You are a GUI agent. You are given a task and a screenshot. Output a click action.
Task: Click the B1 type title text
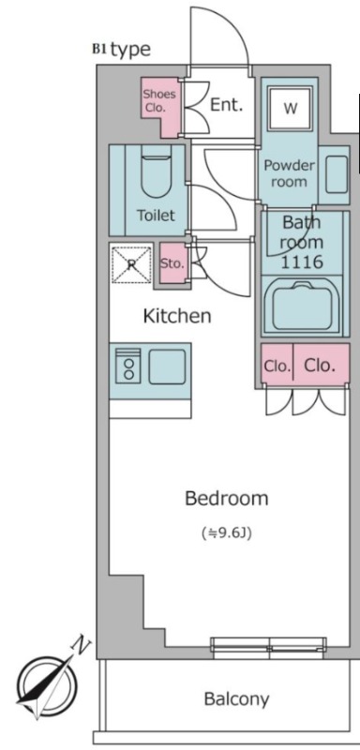click(x=122, y=50)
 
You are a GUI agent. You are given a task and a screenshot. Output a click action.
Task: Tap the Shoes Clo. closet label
click(x=159, y=100)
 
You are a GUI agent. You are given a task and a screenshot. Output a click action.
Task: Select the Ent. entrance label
click(x=227, y=105)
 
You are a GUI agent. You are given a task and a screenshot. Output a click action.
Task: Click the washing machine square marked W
click(x=291, y=109)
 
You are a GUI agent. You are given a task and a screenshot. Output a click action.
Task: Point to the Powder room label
click(x=290, y=173)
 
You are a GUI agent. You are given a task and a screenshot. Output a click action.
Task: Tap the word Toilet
click(x=156, y=216)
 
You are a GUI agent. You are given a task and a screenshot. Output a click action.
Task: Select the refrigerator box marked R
click(x=131, y=264)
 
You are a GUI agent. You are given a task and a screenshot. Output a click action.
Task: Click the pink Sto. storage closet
click(x=172, y=263)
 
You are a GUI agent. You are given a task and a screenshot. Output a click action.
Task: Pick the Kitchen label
click(x=177, y=316)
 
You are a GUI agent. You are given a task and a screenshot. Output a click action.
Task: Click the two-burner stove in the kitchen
click(x=128, y=367)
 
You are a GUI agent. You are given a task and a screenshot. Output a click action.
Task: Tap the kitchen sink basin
click(x=167, y=367)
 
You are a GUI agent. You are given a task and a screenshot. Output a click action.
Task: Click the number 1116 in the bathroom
click(x=302, y=262)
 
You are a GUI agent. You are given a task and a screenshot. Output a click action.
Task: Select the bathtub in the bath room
click(x=302, y=307)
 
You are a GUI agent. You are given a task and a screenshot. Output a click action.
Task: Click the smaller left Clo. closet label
click(x=277, y=367)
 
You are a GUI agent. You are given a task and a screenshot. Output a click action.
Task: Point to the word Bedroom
click(x=227, y=499)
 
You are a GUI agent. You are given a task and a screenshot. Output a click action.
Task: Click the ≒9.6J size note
click(x=227, y=533)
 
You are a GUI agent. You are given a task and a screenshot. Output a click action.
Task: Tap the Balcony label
click(x=236, y=699)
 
